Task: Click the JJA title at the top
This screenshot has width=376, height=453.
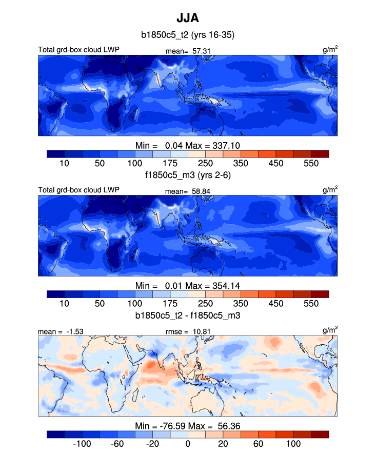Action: (187, 18)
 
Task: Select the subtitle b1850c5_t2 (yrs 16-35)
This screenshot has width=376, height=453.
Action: (187, 35)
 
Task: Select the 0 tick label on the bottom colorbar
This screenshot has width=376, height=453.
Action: (187, 443)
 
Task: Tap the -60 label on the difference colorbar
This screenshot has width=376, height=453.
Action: (117, 443)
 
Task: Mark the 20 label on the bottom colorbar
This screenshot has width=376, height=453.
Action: (223, 443)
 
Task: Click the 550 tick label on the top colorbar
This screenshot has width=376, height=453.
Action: (293, 164)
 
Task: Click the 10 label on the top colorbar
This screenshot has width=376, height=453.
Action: (64, 164)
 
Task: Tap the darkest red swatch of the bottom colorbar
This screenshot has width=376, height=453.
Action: (320, 434)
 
